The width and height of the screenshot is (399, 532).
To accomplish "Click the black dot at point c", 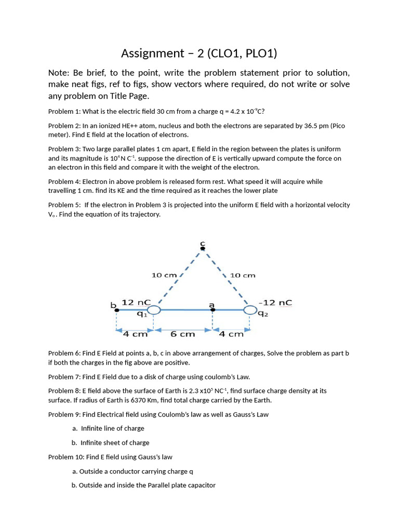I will (x=203, y=248).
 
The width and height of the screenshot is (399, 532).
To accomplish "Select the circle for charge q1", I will (x=153, y=310).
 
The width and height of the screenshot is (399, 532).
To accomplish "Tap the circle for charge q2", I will (x=250, y=310).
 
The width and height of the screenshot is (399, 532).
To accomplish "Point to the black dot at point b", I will (x=116, y=310).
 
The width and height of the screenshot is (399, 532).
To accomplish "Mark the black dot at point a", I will (x=212, y=310).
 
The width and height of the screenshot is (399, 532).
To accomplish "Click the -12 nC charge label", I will (x=278, y=302).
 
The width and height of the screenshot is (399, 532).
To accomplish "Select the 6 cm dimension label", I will (x=182, y=334).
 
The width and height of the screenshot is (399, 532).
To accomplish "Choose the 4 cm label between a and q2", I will (x=231, y=334).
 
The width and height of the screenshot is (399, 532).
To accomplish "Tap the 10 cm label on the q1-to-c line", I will (x=164, y=275).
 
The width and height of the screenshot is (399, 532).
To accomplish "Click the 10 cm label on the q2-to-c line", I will (x=242, y=275).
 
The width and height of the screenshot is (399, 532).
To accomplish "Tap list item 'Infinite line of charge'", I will (x=112, y=429).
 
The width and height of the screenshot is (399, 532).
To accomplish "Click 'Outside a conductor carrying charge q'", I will (x=136, y=471).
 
